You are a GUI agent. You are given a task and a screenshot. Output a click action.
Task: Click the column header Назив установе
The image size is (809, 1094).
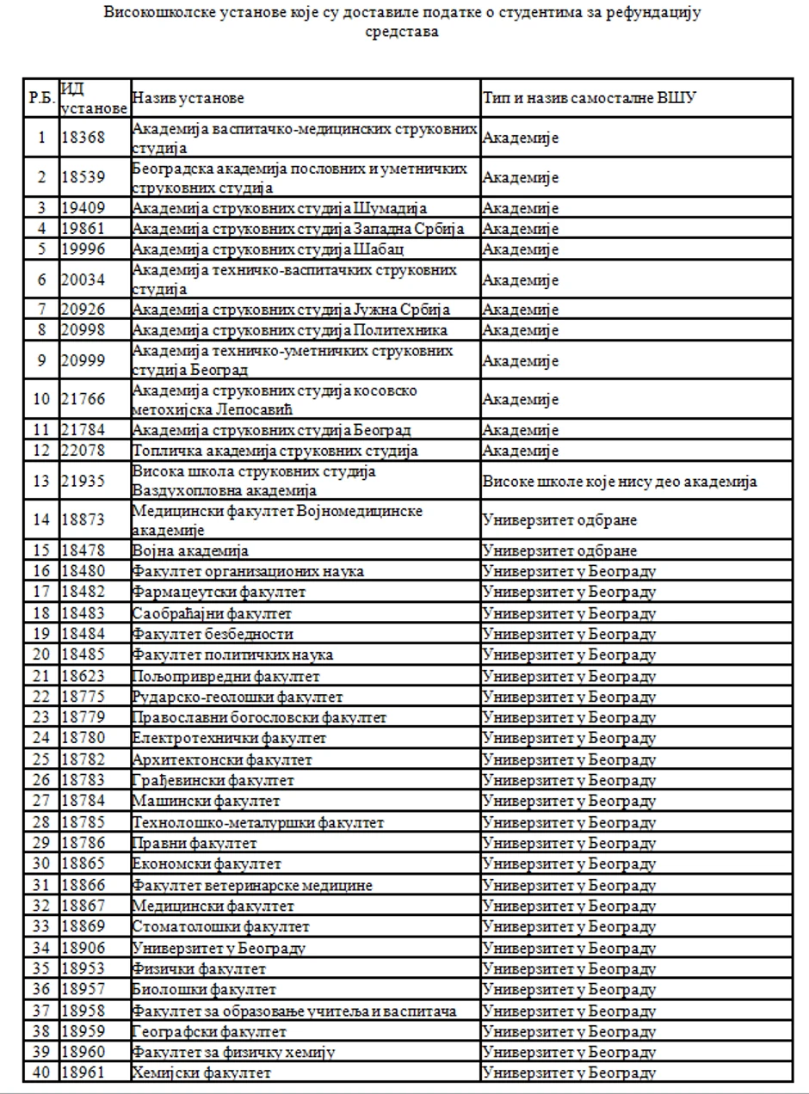(x=188, y=99)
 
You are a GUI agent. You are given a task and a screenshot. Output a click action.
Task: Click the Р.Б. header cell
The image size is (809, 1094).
(x=41, y=99)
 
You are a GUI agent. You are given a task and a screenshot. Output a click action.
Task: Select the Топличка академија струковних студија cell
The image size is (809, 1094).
(x=275, y=450)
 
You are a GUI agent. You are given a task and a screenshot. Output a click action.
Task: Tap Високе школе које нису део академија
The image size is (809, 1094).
(x=620, y=482)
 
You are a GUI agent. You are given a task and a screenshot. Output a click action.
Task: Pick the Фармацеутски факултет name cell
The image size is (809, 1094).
(x=219, y=593)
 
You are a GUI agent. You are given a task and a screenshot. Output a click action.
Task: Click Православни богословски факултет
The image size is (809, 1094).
(x=259, y=717)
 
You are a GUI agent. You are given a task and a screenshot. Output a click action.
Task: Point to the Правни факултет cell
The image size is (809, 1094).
(x=195, y=843)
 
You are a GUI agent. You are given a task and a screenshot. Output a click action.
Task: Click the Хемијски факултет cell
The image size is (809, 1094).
(x=201, y=1072)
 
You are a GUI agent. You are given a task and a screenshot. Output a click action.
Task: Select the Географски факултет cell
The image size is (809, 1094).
(x=209, y=1030)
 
